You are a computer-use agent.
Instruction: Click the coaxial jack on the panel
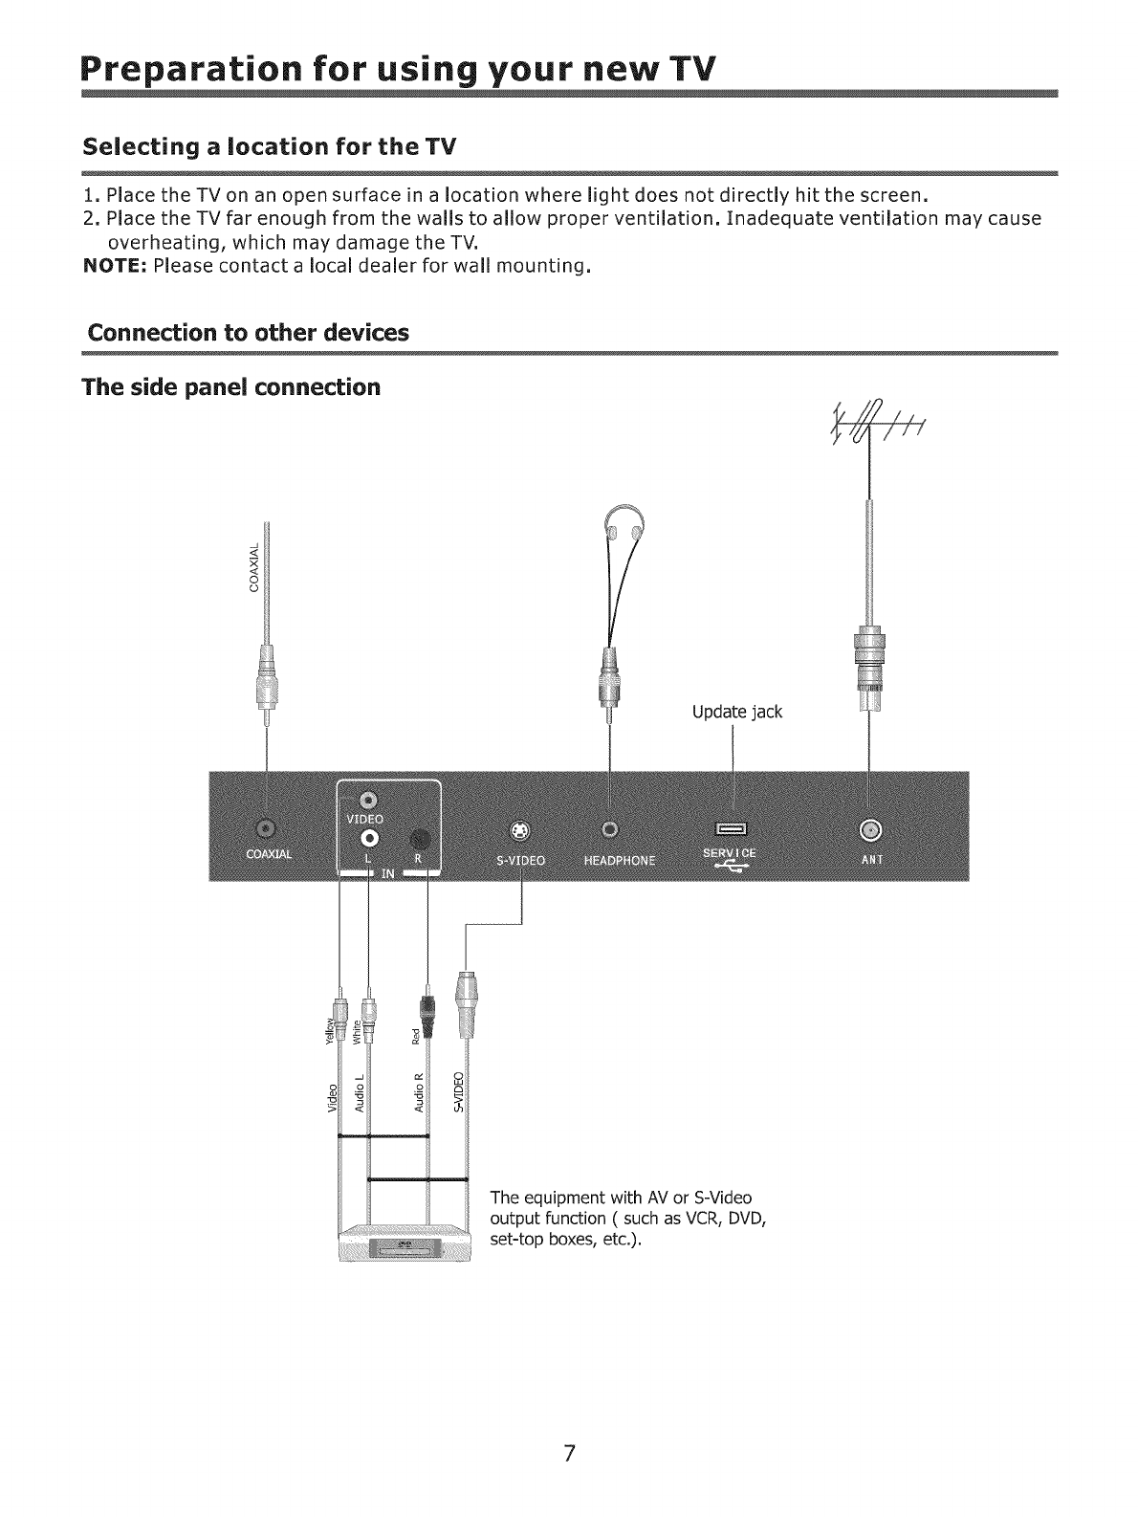(265, 825)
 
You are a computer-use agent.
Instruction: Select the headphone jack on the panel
(610, 827)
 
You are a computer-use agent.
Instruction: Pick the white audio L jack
(369, 838)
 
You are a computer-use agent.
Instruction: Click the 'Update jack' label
(736, 713)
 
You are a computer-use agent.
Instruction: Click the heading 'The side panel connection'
(231, 387)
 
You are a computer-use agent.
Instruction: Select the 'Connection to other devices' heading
(248, 333)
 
